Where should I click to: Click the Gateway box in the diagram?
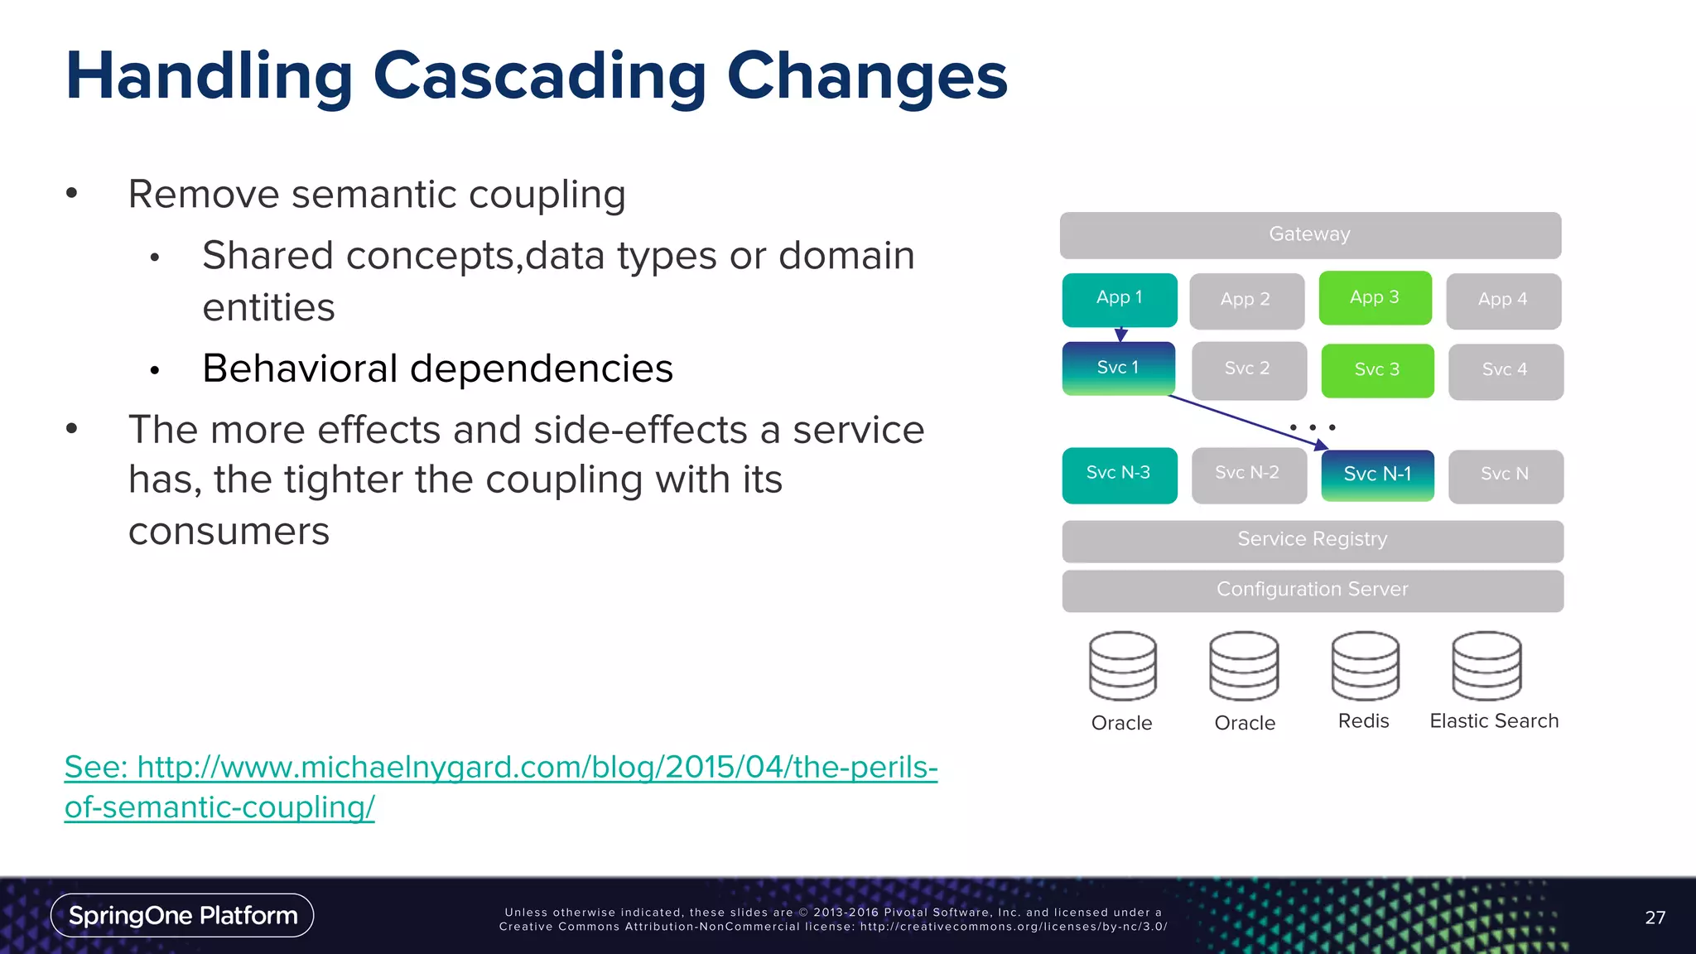[1310, 234]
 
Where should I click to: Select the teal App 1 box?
[1119, 298]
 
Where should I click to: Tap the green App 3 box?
[1375, 297]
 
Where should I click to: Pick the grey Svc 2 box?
[1248, 369]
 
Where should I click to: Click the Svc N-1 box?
[1377, 475]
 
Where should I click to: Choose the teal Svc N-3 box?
[1119, 474]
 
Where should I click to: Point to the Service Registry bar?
[1313, 540]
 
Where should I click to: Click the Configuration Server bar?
[1313, 590]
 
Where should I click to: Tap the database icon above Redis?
[1365, 666]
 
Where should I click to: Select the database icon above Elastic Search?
[1486, 666]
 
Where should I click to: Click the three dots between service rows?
[1313, 427]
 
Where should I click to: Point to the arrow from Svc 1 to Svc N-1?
[1242, 421]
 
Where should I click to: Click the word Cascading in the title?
[540, 76]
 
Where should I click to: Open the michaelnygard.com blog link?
[500, 768]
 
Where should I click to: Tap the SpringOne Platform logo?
[182, 915]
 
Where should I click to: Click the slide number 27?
[1655, 918]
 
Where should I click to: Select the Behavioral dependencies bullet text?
[437, 369]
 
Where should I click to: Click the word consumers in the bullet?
[229, 532]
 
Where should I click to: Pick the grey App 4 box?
[1503, 300]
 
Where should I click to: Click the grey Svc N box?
[1505, 475]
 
